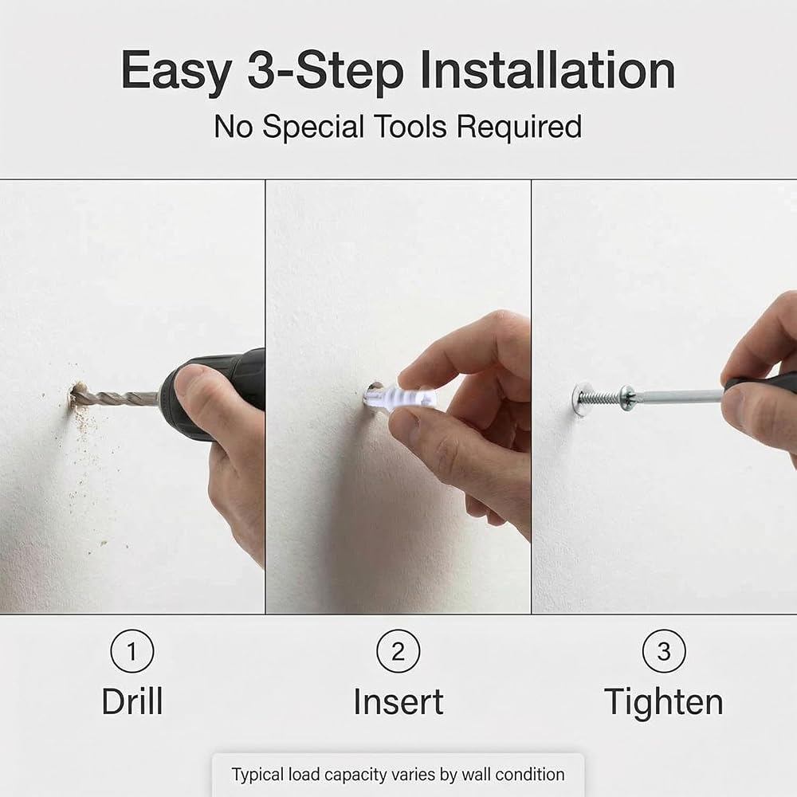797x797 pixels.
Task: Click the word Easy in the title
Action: [176, 72]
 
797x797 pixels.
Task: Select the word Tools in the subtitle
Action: [410, 127]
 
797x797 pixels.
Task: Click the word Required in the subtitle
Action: [520, 127]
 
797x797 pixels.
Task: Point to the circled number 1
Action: [132, 651]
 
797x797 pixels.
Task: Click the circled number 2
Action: [398, 651]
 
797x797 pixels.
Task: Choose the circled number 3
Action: [664, 651]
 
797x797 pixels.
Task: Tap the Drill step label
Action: [132, 701]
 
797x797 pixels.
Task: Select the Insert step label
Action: [398, 702]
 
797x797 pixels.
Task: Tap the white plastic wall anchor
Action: [402, 396]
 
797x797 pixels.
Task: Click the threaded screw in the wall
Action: [606, 395]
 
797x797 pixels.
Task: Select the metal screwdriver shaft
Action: [678, 395]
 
